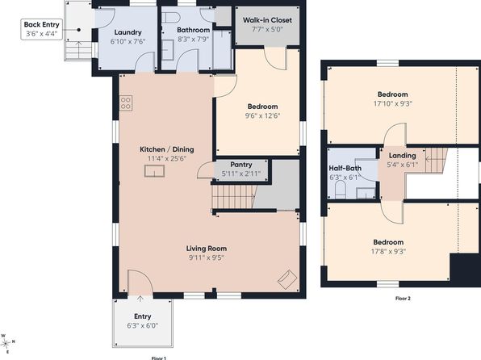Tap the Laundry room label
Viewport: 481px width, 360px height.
click(x=128, y=32)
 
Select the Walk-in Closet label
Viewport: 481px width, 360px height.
click(x=267, y=20)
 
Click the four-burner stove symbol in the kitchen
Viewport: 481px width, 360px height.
click(x=126, y=103)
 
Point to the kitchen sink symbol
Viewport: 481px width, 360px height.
click(x=154, y=171)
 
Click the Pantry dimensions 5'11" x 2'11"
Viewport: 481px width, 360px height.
click(x=241, y=174)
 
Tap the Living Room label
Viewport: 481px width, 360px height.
click(x=207, y=249)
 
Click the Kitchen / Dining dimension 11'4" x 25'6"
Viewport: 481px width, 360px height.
click(x=167, y=159)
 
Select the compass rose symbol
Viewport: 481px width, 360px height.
click(x=6, y=342)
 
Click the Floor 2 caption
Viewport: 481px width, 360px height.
click(x=403, y=299)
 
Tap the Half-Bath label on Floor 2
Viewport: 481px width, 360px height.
click(x=345, y=168)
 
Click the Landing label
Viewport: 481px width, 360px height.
click(x=402, y=155)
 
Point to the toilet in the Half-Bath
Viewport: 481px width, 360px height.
click(x=341, y=190)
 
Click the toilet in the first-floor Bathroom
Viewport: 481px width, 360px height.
click(x=170, y=18)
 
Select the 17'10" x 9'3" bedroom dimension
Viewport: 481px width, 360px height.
click(x=393, y=104)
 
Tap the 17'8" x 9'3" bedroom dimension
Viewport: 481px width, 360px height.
click(x=388, y=252)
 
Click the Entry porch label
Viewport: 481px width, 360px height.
click(x=143, y=316)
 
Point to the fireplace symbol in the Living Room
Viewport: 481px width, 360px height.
click(x=287, y=279)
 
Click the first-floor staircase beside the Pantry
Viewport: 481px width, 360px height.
click(x=234, y=196)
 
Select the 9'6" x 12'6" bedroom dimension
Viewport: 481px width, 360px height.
click(x=262, y=115)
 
